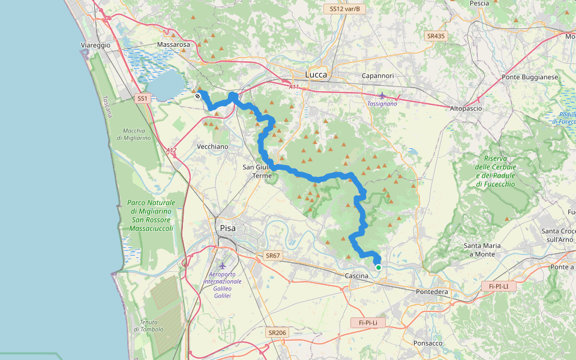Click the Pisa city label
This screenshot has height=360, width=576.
(227, 228)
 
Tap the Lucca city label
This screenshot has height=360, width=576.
(316, 75)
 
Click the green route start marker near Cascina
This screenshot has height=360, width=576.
(379, 267)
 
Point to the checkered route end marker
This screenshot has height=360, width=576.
(197, 95)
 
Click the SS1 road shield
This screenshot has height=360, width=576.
(142, 98)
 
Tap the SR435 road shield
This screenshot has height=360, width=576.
(436, 36)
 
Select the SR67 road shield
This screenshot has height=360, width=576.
(272, 256)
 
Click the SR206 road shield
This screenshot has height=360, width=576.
(277, 332)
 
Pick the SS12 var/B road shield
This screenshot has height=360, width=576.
(344, 9)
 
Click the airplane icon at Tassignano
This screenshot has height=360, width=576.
(382, 95)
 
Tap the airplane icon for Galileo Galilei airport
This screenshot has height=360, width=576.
(223, 265)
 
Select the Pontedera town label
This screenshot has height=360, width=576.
(432, 292)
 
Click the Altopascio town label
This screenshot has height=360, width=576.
(466, 108)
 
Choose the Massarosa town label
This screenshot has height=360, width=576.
(173, 45)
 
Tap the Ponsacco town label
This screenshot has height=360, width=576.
(428, 343)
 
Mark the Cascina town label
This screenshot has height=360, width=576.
(356, 275)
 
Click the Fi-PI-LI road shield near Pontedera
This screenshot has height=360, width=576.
(498, 286)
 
